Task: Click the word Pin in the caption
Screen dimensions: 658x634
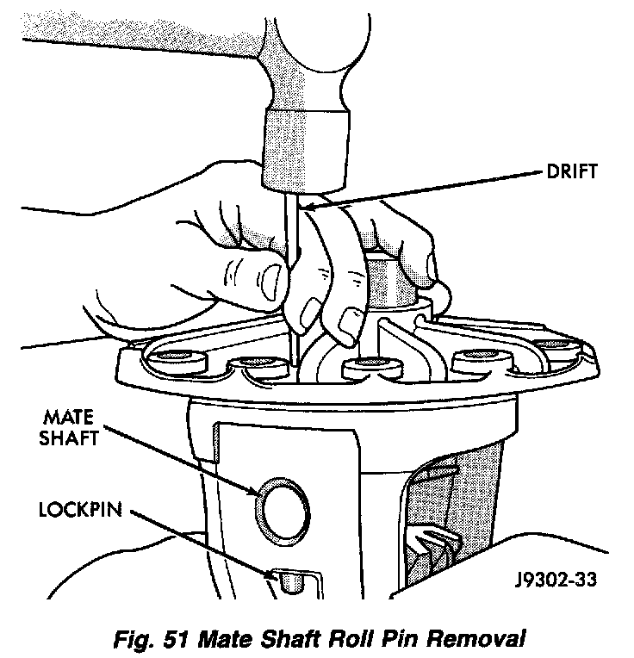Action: coord(382,639)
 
